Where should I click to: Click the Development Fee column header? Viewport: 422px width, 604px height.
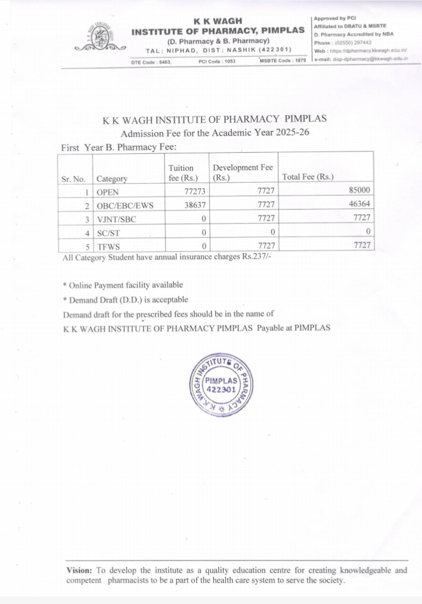click(x=243, y=172)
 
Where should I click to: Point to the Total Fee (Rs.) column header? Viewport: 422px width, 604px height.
click(x=308, y=177)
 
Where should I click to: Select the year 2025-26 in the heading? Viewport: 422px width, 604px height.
click(x=288, y=133)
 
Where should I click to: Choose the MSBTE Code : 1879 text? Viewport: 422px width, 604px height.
click(x=283, y=61)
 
